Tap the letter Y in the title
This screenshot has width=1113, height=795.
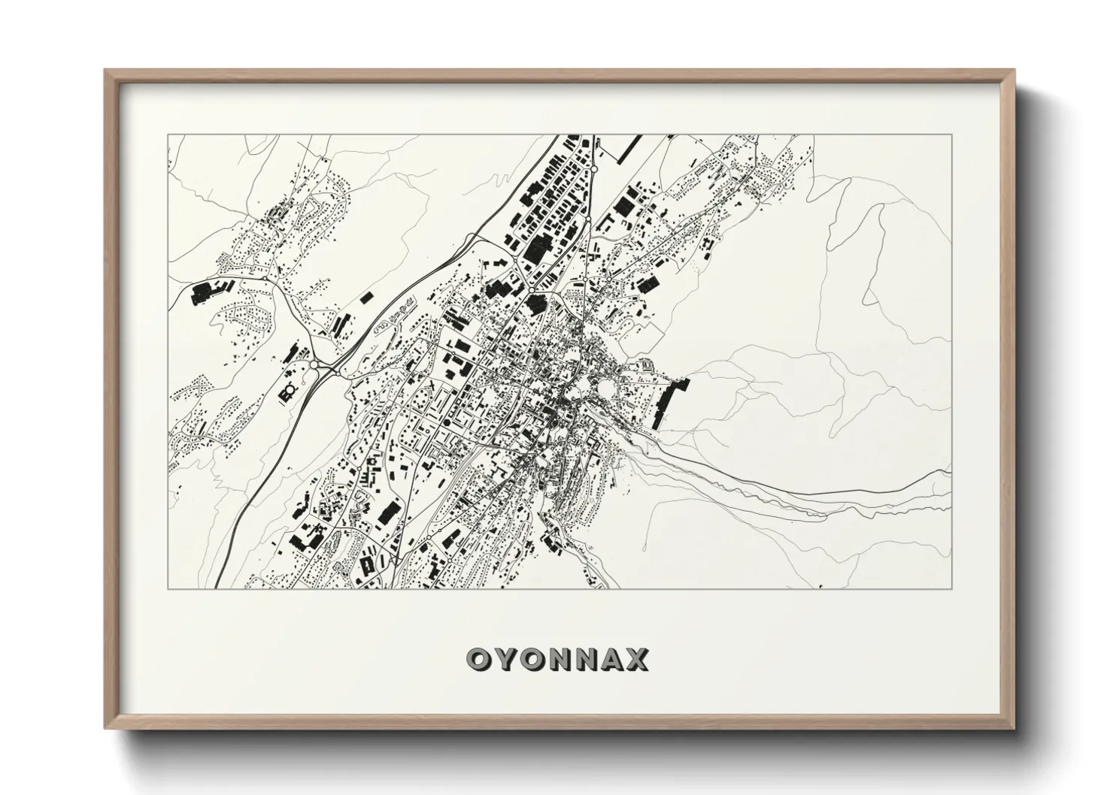505,660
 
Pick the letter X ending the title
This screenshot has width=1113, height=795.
636,660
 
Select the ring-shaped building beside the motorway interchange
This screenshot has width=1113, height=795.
288,391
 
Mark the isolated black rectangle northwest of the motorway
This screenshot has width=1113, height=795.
366,298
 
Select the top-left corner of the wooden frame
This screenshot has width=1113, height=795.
105,71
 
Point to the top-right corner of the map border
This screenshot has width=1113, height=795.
952,135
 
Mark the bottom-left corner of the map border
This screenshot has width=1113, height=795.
168,588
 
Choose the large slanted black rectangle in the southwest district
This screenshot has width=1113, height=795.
387,514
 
